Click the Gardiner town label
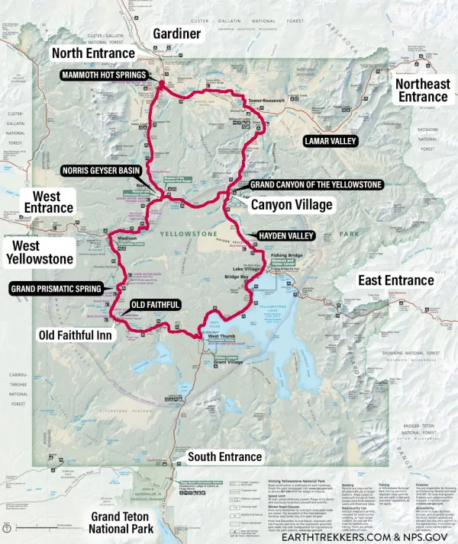click(176, 34)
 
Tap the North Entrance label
click(92, 53)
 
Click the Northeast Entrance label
click(422, 90)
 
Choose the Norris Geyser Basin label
click(101, 171)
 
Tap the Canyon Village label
click(292, 205)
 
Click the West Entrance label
click(48, 202)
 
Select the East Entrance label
click(396, 280)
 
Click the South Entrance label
click(224, 456)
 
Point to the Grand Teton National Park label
click(121, 523)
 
